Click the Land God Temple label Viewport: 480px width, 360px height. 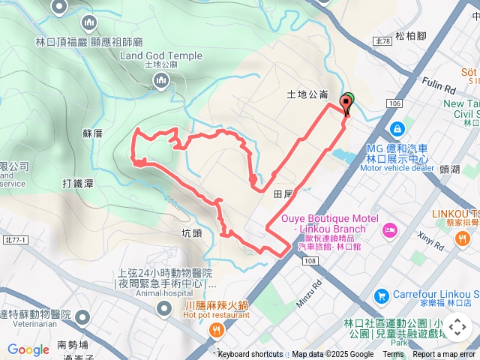point(160,55)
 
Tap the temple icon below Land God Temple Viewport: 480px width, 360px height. point(160,80)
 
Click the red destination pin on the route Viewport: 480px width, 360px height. point(346,103)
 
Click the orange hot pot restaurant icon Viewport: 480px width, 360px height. point(217,330)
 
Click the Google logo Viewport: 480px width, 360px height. point(28,349)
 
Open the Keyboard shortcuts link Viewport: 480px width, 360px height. point(250,355)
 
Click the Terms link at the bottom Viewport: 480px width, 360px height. point(393,355)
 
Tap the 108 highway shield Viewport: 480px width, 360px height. point(310,259)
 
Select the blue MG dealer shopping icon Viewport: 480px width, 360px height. point(397,128)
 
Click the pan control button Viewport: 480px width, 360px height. point(457,326)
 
